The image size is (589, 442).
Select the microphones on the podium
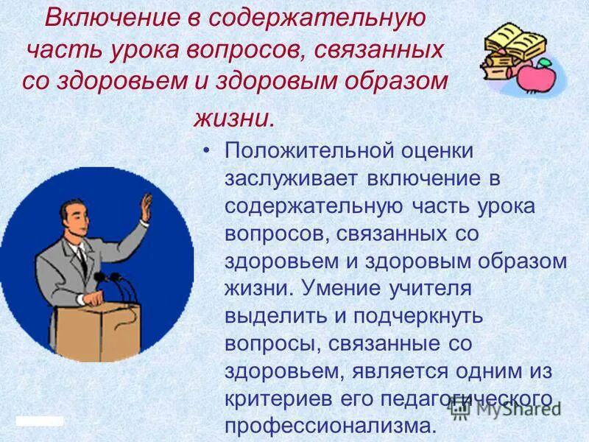[110, 284]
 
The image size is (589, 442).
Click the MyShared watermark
[519, 407]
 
